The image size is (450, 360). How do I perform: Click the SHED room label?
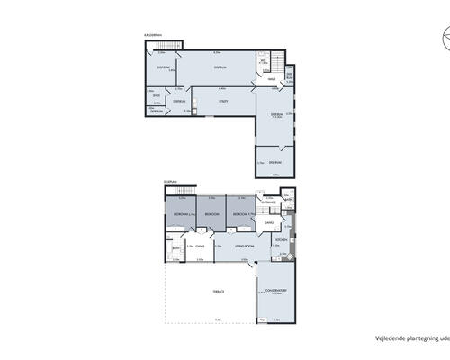click(157, 94)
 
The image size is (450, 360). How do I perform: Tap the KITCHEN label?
click(282, 241)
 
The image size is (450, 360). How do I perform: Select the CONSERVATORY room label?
click(275, 290)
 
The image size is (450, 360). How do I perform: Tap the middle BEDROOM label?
click(212, 215)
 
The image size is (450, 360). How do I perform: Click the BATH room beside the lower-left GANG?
click(175, 250)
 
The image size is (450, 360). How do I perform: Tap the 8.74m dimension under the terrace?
click(218, 319)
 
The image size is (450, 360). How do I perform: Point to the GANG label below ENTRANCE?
click(268, 222)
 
